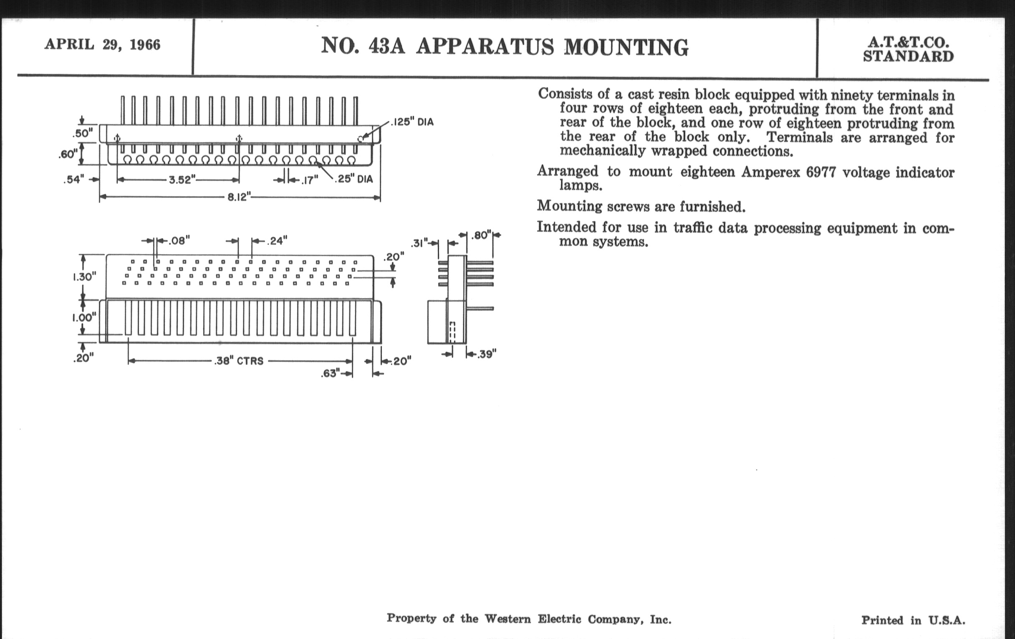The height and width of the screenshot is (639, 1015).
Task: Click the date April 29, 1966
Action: click(102, 45)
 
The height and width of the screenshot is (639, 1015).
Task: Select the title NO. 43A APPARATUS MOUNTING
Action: click(505, 46)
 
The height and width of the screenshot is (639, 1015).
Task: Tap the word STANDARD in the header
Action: click(908, 56)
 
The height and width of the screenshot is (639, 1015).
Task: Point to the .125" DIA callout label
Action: click(412, 122)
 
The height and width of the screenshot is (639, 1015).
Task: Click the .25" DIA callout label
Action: click(354, 179)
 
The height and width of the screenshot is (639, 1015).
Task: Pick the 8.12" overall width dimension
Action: click(239, 197)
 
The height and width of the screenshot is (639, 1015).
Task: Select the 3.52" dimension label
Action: click(182, 180)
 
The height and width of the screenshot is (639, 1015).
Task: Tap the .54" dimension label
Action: click(74, 180)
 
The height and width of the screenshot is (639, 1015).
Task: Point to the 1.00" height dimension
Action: click(84, 317)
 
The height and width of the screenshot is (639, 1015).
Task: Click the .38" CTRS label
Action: click(239, 361)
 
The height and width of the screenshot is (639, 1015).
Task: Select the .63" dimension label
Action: click(330, 374)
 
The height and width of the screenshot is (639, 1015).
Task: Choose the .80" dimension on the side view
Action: click(481, 235)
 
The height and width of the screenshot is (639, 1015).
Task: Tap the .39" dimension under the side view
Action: click(487, 354)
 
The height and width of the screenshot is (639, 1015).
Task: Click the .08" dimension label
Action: click(179, 241)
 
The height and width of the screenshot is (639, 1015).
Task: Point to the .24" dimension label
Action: click(277, 241)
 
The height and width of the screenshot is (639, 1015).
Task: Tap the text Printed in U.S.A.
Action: click(913, 620)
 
